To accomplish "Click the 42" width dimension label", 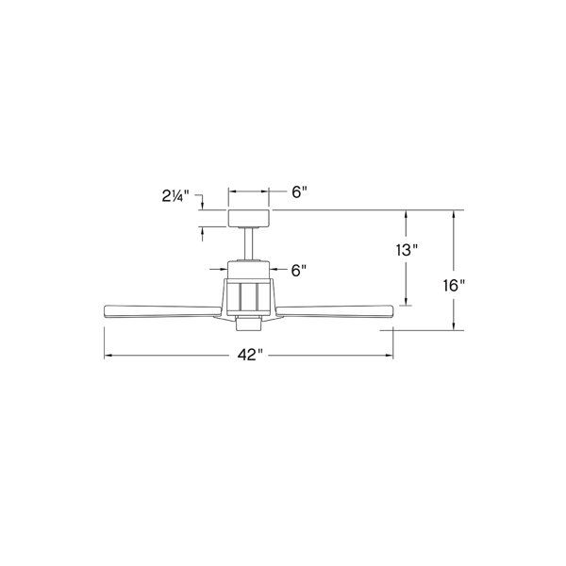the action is click(x=250, y=355).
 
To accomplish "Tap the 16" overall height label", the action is click(x=454, y=286).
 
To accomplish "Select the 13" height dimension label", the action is click(x=407, y=250).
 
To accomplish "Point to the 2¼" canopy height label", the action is click(x=175, y=197).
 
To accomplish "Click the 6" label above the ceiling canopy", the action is click(x=299, y=192).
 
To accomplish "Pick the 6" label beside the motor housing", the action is click(x=299, y=270).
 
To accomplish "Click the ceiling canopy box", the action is click(x=249, y=218).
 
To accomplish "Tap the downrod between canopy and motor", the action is click(x=249, y=243).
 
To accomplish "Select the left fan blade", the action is click(x=162, y=311).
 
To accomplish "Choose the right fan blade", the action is click(x=335, y=311).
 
